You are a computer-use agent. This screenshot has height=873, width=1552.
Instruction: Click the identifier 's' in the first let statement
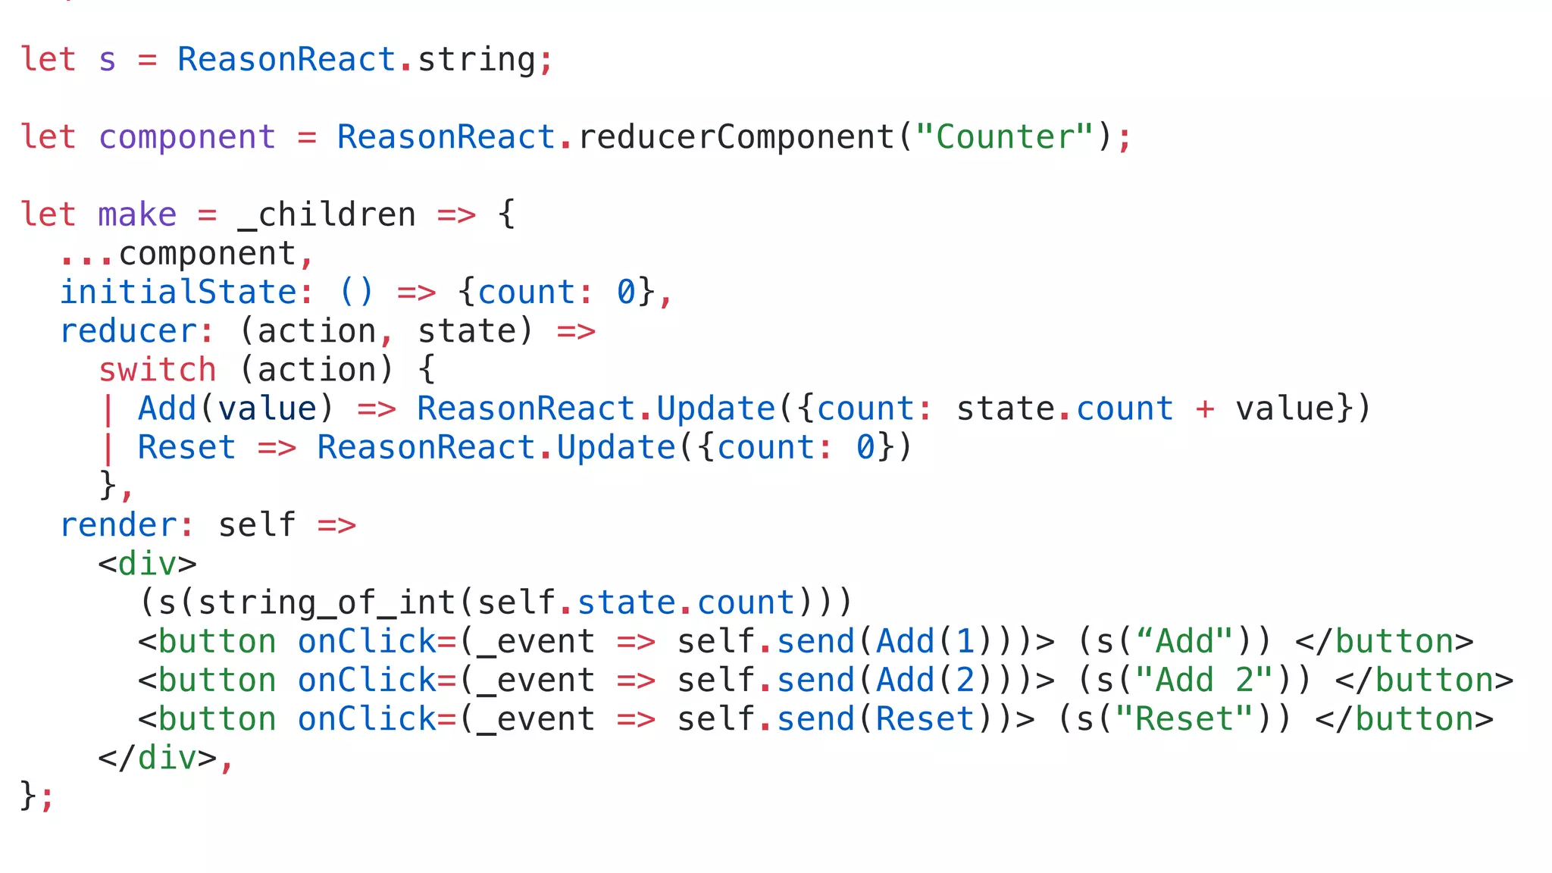[x=107, y=60]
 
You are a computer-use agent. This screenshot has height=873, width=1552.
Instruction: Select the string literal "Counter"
[x=1005, y=137]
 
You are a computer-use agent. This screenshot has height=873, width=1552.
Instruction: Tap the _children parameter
[x=327, y=215]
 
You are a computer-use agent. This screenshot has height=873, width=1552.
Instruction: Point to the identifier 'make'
[x=137, y=215]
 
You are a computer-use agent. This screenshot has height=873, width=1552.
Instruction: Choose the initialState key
[x=178, y=293]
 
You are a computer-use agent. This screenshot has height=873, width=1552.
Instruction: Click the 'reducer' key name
[x=129, y=331]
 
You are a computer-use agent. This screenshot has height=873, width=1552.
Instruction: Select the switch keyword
[x=158, y=370]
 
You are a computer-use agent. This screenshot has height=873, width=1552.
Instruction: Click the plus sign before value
[x=1205, y=409]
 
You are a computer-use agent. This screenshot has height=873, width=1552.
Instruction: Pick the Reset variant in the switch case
[x=186, y=448]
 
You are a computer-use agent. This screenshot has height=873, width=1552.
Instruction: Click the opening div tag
[x=147, y=564]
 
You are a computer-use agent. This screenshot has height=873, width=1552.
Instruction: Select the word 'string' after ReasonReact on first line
[x=477, y=60]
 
